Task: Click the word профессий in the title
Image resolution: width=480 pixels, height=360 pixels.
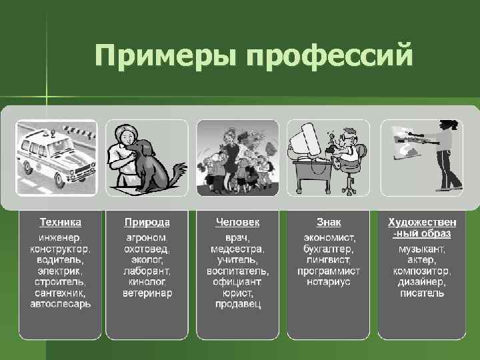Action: click(330, 56)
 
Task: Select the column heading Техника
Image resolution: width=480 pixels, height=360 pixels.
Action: click(60, 221)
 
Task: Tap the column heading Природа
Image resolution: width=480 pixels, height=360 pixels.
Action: click(147, 221)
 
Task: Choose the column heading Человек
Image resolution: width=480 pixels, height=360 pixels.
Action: click(237, 221)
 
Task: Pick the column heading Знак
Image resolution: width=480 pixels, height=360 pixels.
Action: click(329, 221)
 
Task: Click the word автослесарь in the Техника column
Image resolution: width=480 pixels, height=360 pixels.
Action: click(61, 304)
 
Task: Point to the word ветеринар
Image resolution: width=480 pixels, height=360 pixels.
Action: click(147, 293)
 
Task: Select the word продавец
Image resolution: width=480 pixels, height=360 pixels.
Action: click(238, 304)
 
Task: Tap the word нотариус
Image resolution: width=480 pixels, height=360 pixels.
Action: click(329, 281)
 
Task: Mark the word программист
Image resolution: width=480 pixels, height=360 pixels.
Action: click(329, 271)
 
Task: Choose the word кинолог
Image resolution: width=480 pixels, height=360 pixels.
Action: click(147, 281)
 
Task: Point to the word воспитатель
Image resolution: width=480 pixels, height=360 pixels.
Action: click(238, 271)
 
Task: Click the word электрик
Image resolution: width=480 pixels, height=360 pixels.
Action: click(61, 271)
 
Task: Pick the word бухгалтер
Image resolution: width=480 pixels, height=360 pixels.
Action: click(329, 248)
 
